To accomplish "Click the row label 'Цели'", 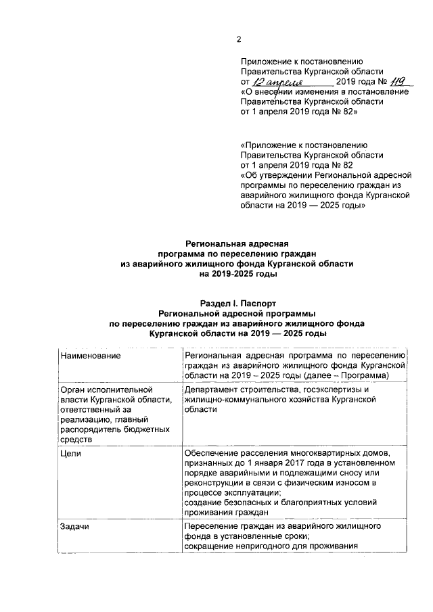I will (70, 453).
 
